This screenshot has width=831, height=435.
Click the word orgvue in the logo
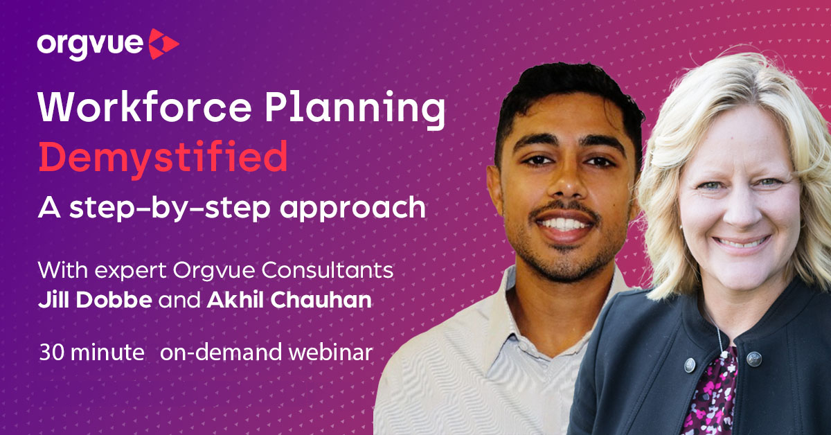(x=90, y=45)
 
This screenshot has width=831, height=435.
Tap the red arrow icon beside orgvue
(x=164, y=45)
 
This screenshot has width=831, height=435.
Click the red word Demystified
(x=163, y=159)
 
